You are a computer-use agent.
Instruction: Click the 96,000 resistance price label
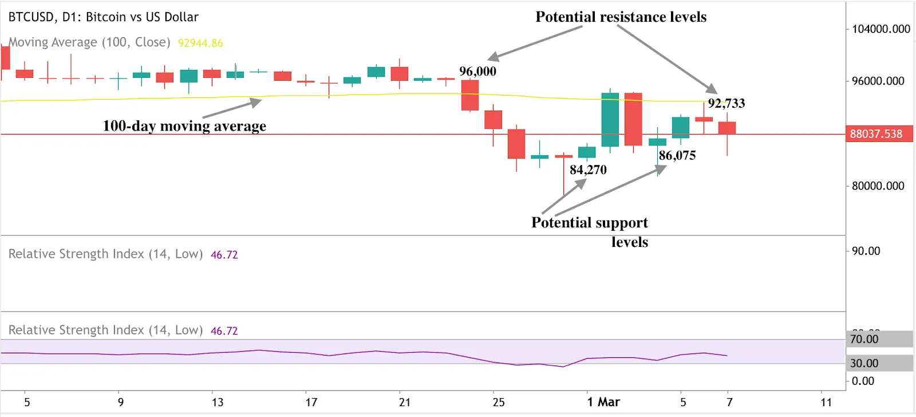tap(477, 72)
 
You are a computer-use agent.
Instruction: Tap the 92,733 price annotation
tap(726, 104)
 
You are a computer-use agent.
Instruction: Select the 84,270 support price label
tap(588, 170)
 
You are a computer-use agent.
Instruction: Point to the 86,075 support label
tap(677, 156)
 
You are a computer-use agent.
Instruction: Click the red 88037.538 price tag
tap(876, 134)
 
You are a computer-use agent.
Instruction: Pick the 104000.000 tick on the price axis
tap(881, 29)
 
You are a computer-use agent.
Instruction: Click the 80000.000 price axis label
tap(878, 186)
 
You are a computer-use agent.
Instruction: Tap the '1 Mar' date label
tap(603, 402)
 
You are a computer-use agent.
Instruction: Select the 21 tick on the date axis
tap(405, 402)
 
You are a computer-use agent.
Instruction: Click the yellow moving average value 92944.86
tap(200, 43)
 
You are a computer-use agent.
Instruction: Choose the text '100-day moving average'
tap(184, 126)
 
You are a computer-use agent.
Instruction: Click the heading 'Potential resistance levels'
tap(621, 17)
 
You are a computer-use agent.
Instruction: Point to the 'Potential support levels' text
tap(590, 231)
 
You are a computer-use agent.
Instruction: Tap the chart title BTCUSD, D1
tap(103, 17)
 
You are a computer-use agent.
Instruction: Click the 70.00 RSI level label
tap(864, 339)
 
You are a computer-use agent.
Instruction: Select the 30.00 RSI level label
tap(864, 363)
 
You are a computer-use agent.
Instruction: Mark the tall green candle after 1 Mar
tap(610, 119)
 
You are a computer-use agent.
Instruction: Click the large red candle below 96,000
tap(470, 95)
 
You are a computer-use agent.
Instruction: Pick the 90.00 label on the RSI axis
tap(866, 251)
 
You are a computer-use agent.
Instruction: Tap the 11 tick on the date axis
tap(826, 402)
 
